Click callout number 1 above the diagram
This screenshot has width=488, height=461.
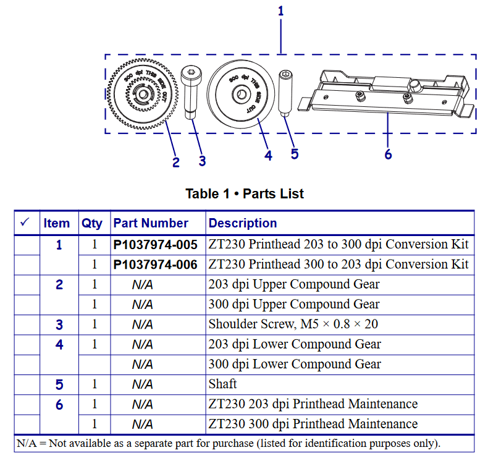281,11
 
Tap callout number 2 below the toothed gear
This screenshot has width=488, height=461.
176,163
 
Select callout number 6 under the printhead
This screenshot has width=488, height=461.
388,154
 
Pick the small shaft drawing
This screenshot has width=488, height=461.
285,93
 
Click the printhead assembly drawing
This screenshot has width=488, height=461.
387,93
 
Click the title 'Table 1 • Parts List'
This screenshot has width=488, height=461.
245,193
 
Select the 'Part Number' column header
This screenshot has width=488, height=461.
151,223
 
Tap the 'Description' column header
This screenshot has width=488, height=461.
243,223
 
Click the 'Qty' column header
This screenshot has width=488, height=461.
92,223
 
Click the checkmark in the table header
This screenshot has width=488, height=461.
25,222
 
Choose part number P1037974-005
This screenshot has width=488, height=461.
156,244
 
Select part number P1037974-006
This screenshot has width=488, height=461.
156,264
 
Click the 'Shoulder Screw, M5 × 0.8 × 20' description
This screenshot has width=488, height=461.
293,324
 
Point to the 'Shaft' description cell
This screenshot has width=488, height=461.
222,384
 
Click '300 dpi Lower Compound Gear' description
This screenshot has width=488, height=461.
295,365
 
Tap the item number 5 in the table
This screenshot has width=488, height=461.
59,384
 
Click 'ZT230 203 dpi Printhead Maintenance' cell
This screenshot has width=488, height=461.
313,404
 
